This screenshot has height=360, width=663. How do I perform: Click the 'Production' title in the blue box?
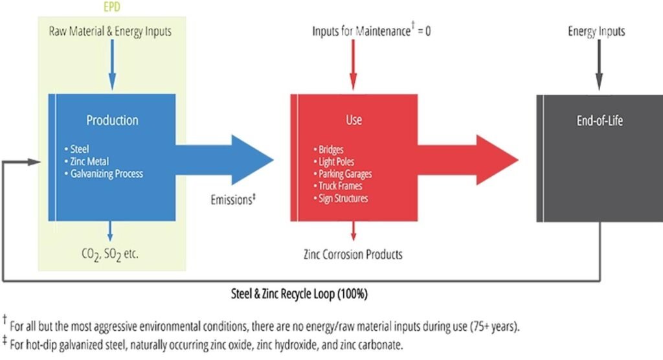point(112,120)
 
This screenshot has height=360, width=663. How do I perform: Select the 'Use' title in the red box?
point(354,120)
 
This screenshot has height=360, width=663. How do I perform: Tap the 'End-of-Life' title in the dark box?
point(599,120)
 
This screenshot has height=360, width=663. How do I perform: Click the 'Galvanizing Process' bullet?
point(107,174)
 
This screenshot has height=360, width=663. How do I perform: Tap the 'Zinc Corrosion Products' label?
point(353,254)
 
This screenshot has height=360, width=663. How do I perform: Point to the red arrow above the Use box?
point(353,65)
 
